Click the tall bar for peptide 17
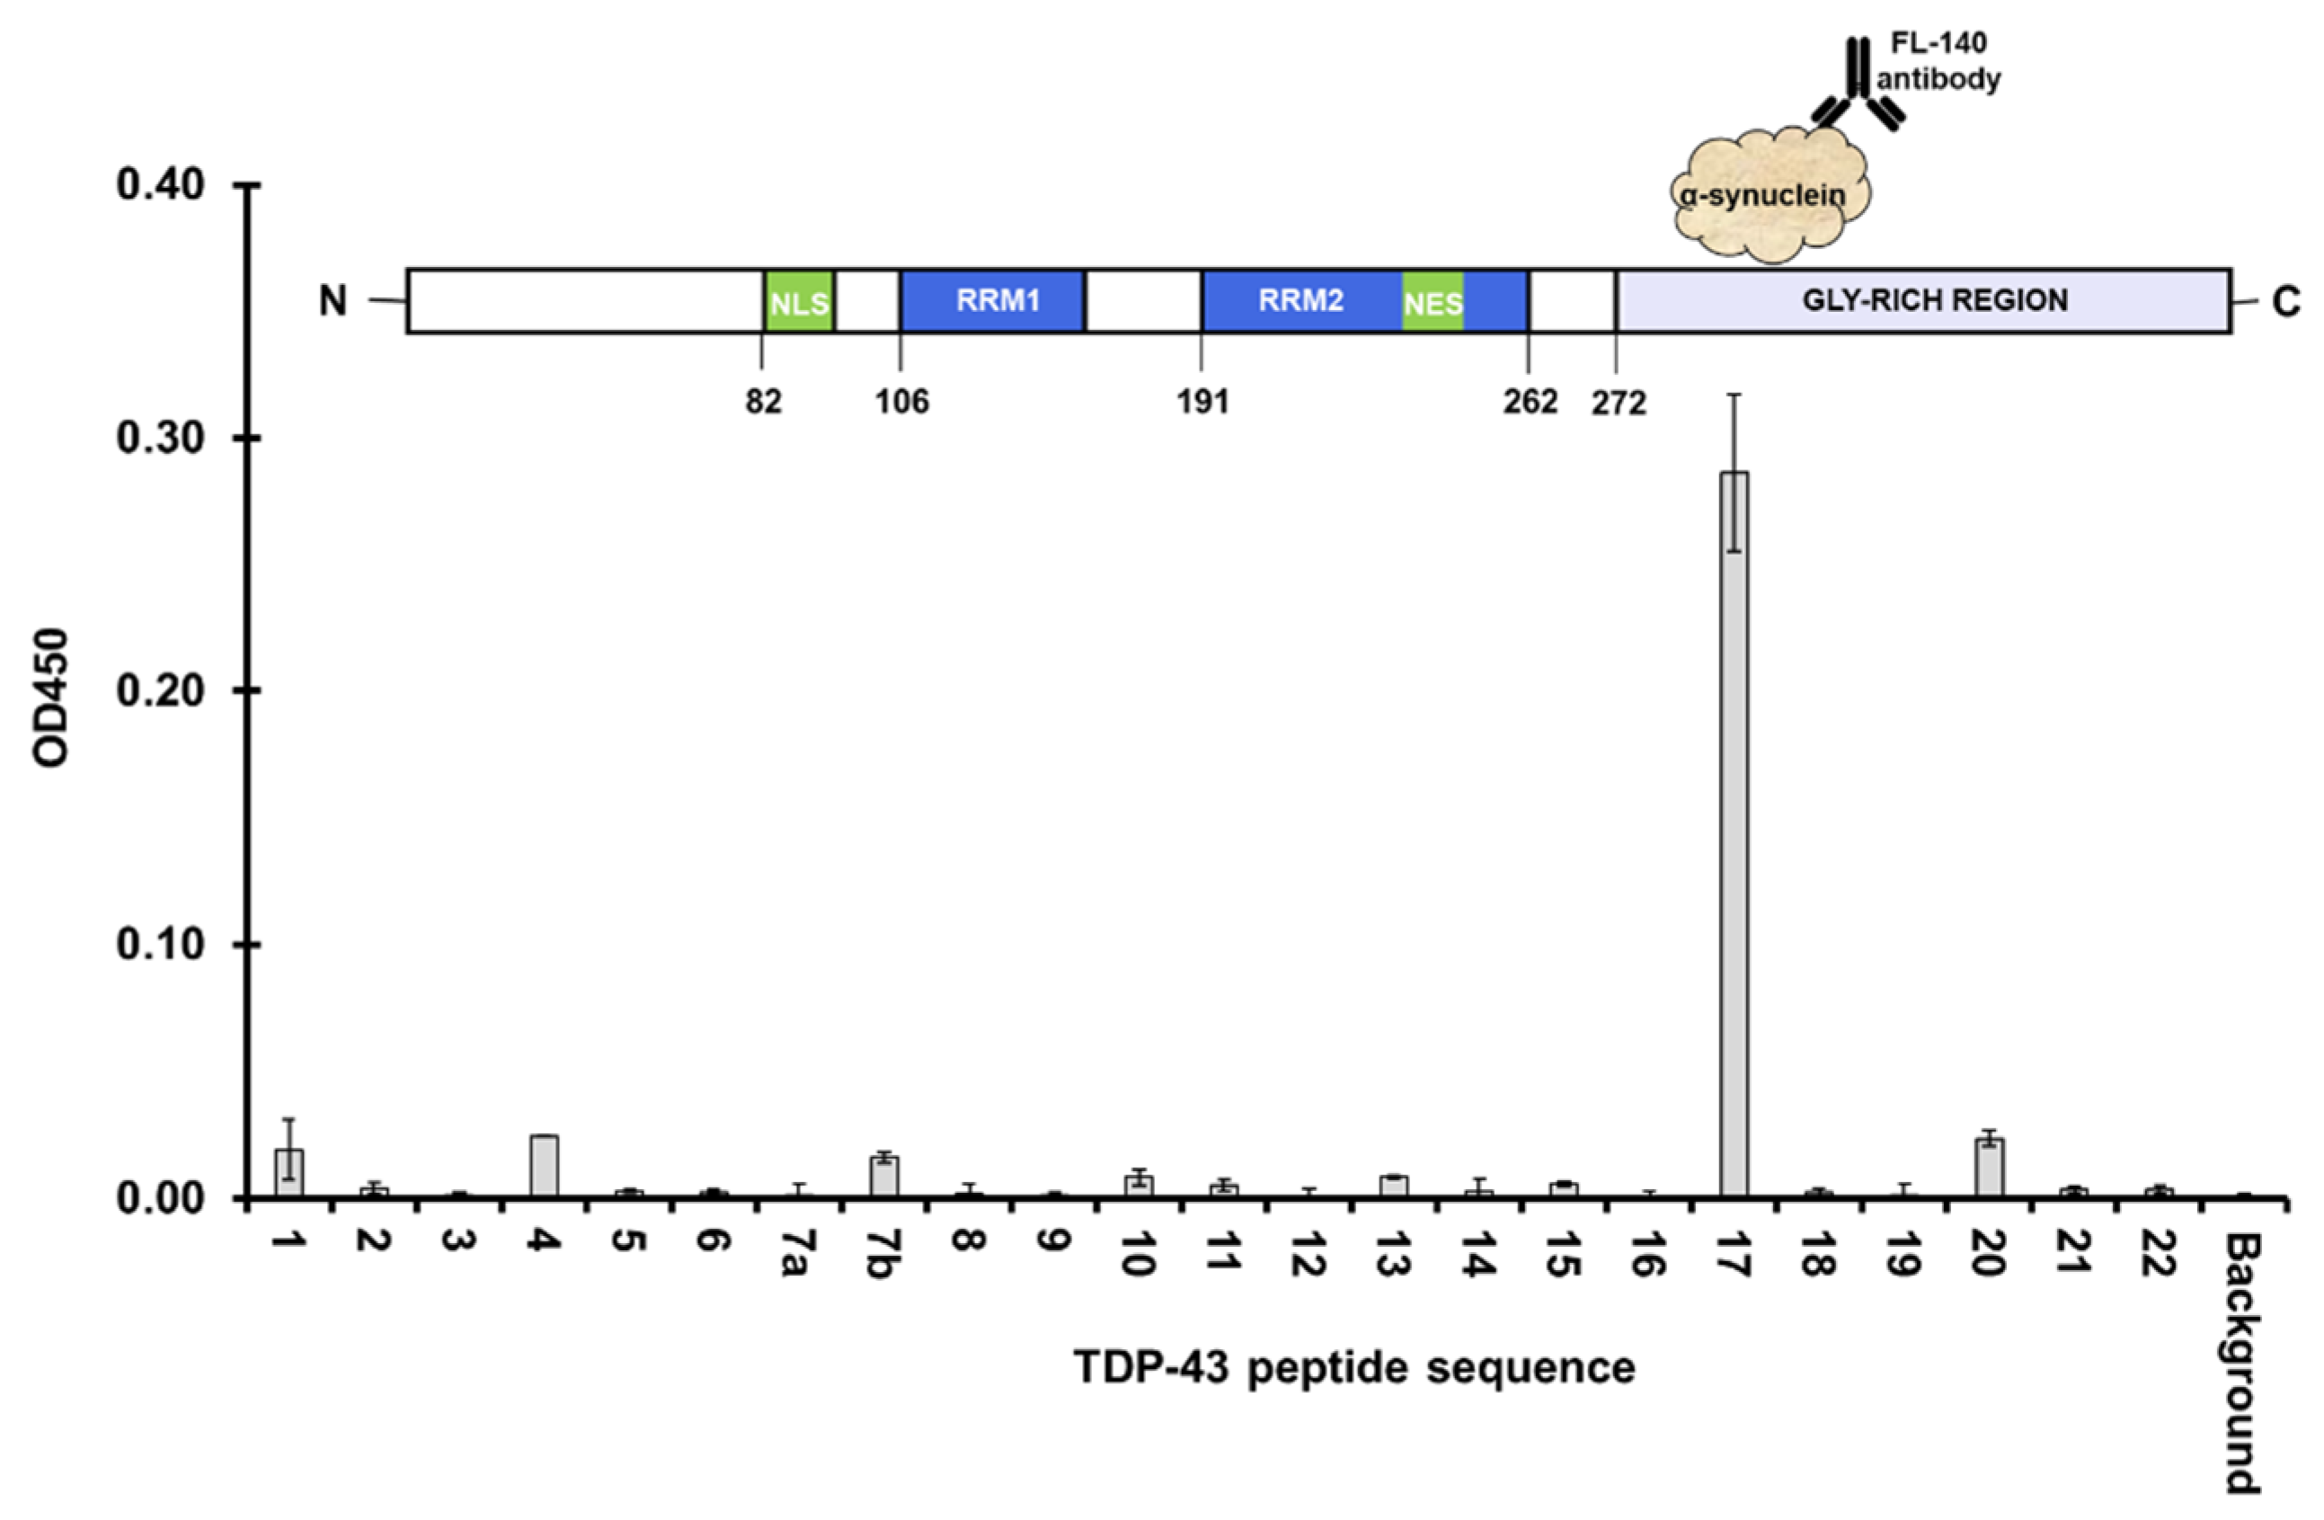tap(1734, 834)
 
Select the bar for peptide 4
tap(544, 1166)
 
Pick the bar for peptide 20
tap(1989, 1168)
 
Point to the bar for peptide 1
tap(289, 1172)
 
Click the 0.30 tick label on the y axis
tap(160, 439)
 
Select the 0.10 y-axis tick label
tap(160, 945)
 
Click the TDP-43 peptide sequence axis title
tap(1354, 1367)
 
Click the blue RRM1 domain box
tap(993, 301)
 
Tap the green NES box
tap(1433, 303)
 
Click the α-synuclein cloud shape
tap(1770, 195)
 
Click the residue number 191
tap(1202, 402)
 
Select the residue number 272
tap(1618, 403)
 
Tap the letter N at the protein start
tap(333, 301)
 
